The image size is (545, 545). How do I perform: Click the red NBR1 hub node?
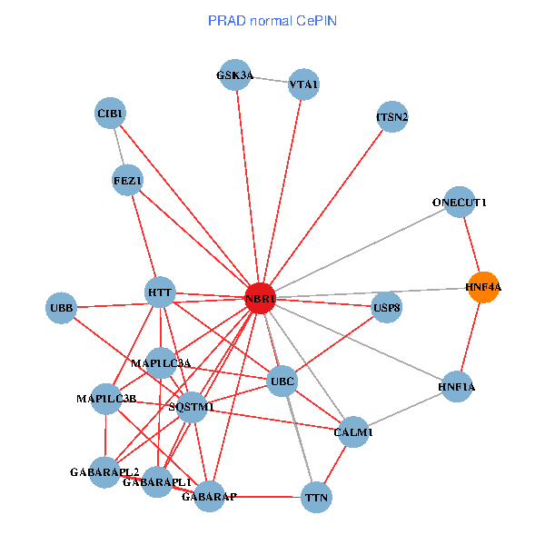coord(261,299)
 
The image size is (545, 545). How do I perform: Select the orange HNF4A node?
coord(483,287)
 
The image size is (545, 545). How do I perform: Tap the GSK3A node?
coord(234,75)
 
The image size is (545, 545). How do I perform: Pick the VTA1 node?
coord(303,84)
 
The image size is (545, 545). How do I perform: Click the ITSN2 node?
coord(391,117)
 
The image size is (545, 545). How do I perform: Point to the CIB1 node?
coord(110,114)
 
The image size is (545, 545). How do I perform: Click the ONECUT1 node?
coord(460,203)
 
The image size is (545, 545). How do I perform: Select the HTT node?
coord(160,292)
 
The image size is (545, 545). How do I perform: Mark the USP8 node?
coord(387,307)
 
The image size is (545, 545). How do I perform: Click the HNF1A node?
coord(456,387)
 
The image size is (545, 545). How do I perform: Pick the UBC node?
coord(282,382)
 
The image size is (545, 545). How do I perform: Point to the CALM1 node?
coord(352,431)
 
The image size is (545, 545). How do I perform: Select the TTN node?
coord(316,497)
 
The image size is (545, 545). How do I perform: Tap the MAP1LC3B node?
coord(106,399)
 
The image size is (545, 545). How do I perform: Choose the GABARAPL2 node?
coord(105,472)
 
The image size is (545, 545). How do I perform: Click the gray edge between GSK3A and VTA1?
coord(269,80)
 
